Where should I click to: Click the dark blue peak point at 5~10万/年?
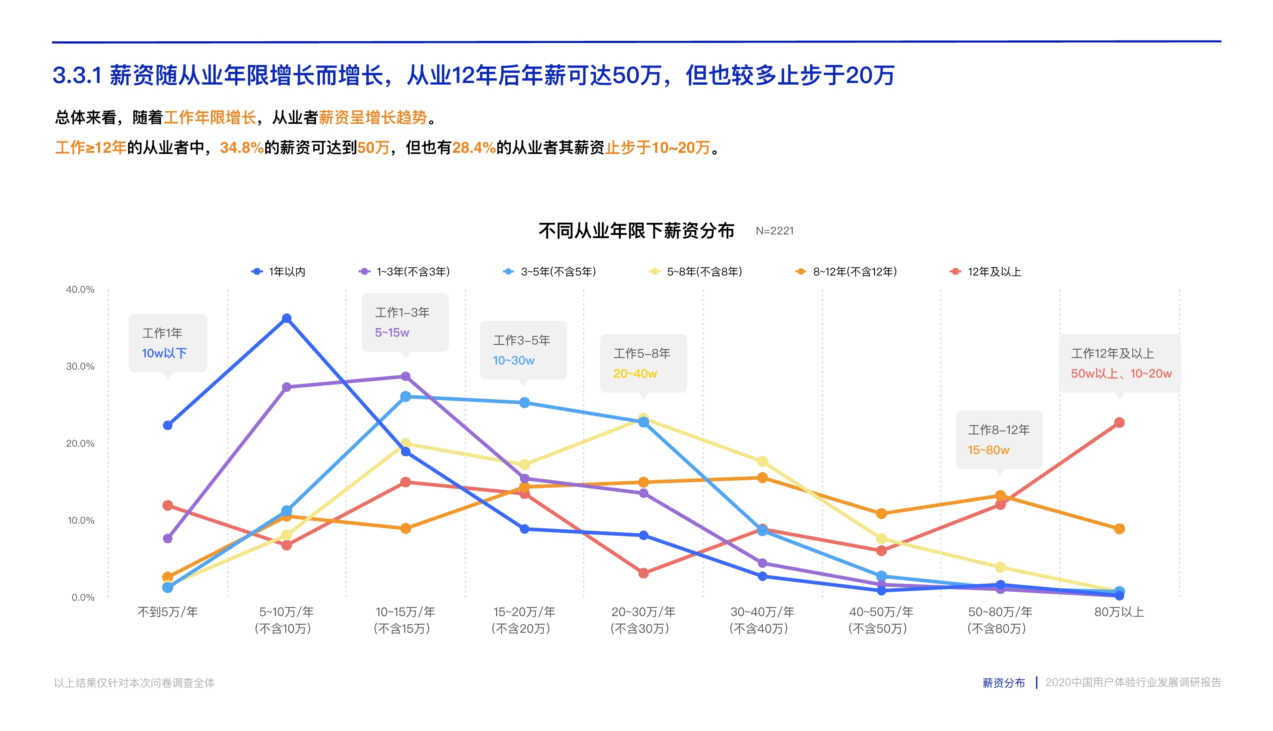tap(287, 318)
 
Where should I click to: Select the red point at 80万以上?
tap(1119, 423)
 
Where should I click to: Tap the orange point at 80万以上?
tap(1119, 528)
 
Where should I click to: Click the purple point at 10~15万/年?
tap(405, 377)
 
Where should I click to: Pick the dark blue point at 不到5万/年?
tap(168, 425)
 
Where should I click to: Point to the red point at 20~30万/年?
tap(644, 573)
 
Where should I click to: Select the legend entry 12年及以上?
tap(994, 272)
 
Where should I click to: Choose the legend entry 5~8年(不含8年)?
tap(703, 272)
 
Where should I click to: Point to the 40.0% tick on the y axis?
tap(80, 290)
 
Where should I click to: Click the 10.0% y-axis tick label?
tap(81, 521)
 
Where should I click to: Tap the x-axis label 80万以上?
tap(1119, 612)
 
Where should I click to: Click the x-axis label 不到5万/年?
tap(168, 612)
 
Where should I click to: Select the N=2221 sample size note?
tap(775, 231)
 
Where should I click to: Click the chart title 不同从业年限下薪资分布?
tap(636, 231)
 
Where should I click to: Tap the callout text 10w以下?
tap(164, 353)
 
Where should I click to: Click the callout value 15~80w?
tap(988, 450)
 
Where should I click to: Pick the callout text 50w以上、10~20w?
tap(1121, 374)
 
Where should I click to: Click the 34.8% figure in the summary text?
tap(242, 147)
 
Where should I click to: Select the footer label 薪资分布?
tap(1003, 683)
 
